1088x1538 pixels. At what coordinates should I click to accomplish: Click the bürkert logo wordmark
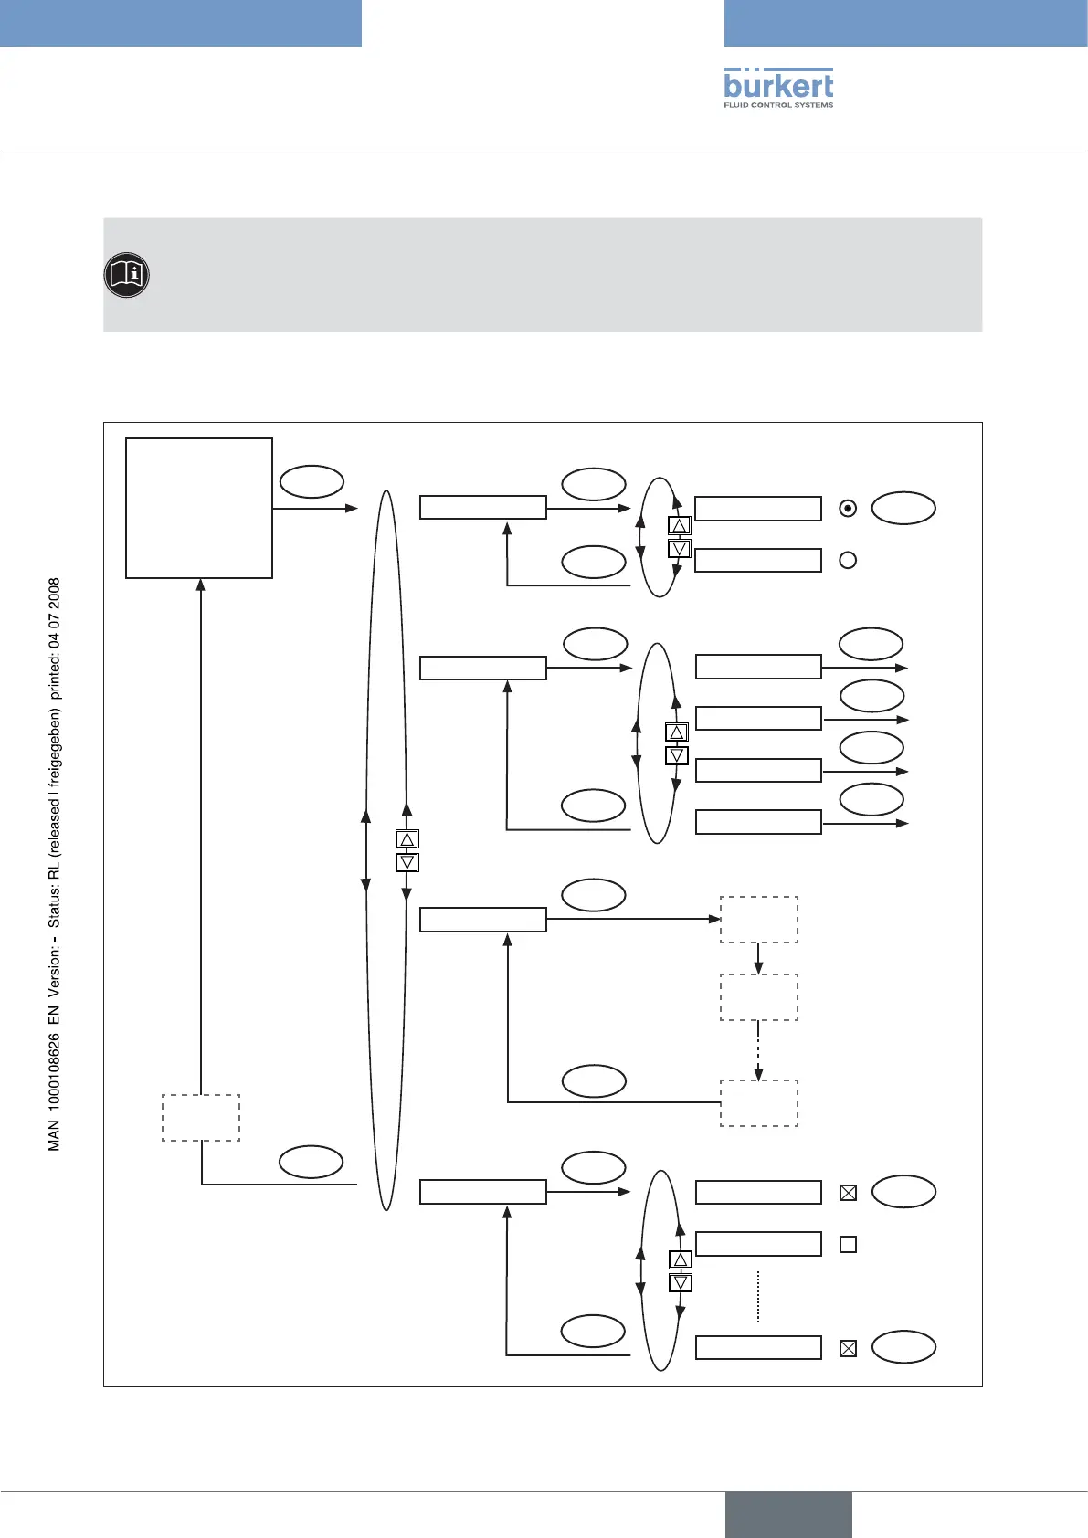[778, 85]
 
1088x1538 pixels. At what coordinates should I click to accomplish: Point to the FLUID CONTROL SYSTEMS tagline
[778, 105]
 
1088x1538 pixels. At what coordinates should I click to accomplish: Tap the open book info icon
[126, 275]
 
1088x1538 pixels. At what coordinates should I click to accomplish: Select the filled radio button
[848, 509]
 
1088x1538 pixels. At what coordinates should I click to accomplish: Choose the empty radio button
[848, 560]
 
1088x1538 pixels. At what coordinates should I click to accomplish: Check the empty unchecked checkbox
[848, 1244]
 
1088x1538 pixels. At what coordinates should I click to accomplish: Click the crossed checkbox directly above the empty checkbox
[848, 1192]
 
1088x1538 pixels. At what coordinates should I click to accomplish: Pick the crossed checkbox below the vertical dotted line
[848, 1348]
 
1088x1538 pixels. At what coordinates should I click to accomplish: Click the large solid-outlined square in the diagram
[199, 508]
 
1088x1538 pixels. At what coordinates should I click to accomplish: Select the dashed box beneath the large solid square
[201, 1118]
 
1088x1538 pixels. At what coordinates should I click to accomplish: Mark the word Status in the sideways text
[55, 904]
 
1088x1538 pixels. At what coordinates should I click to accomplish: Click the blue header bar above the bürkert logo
[905, 23]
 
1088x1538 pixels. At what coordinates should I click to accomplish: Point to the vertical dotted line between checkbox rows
[758, 1297]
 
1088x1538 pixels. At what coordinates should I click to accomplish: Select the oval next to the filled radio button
[903, 509]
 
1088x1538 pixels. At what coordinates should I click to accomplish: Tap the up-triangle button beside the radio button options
[680, 526]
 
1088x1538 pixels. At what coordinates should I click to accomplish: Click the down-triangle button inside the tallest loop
[407, 862]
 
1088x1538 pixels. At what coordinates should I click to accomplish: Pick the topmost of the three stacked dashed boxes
[759, 920]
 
